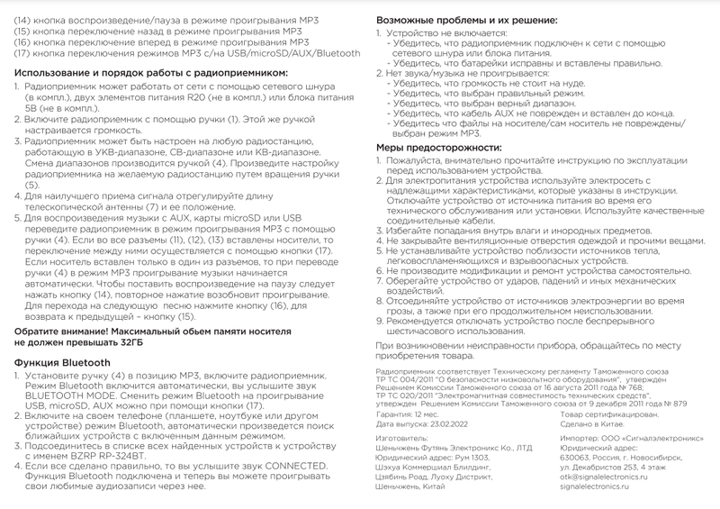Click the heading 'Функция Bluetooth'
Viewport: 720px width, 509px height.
coord(62,363)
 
